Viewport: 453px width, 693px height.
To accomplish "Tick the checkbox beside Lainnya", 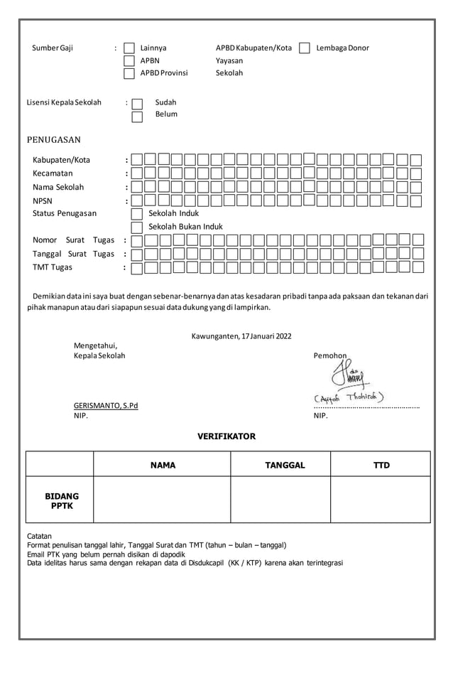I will coord(129,48).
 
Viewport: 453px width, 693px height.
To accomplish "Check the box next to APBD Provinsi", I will coord(129,73).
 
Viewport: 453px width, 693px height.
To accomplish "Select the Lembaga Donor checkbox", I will coord(305,48).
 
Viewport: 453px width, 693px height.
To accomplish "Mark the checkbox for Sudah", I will coord(137,104).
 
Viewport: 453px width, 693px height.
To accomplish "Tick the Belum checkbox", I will coord(137,116).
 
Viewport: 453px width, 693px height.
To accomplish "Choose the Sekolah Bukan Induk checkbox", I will coord(137,227).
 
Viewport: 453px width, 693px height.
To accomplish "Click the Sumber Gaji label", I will coord(53,48).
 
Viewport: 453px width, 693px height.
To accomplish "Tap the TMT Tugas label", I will coord(53,267).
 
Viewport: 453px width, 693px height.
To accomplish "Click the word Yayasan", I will coord(229,61).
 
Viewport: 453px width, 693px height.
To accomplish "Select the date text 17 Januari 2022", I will coord(266,335).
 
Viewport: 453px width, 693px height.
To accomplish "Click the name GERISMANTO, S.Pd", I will coord(106,405).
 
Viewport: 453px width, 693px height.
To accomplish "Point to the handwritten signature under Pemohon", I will coord(349,375).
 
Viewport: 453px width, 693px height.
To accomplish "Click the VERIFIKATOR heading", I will coord(226,436).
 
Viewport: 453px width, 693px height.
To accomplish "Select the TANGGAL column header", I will coord(280,465).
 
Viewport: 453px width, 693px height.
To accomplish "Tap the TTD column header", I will coord(381,465).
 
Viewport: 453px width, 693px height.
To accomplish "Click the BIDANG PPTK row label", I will coord(62,500).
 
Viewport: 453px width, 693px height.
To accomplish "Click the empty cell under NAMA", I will coord(162,500).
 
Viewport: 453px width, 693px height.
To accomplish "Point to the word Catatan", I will coord(39,536).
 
